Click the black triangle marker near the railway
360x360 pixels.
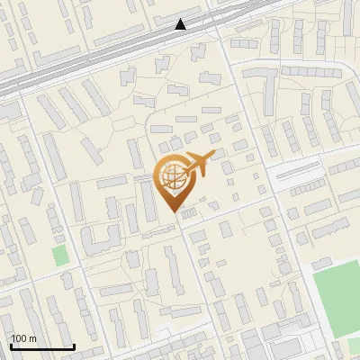click(x=181, y=24)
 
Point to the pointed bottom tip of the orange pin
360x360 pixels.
click(x=172, y=212)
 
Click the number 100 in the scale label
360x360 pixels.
click(x=19, y=338)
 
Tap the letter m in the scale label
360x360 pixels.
click(x=32, y=338)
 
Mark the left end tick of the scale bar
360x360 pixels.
click(x=12, y=346)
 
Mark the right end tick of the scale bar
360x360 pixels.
click(x=73, y=346)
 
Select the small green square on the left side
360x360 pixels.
click(x=60, y=255)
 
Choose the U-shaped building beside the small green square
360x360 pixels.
click(x=102, y=239)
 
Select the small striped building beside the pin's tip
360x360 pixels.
click(x=188, y=212)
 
